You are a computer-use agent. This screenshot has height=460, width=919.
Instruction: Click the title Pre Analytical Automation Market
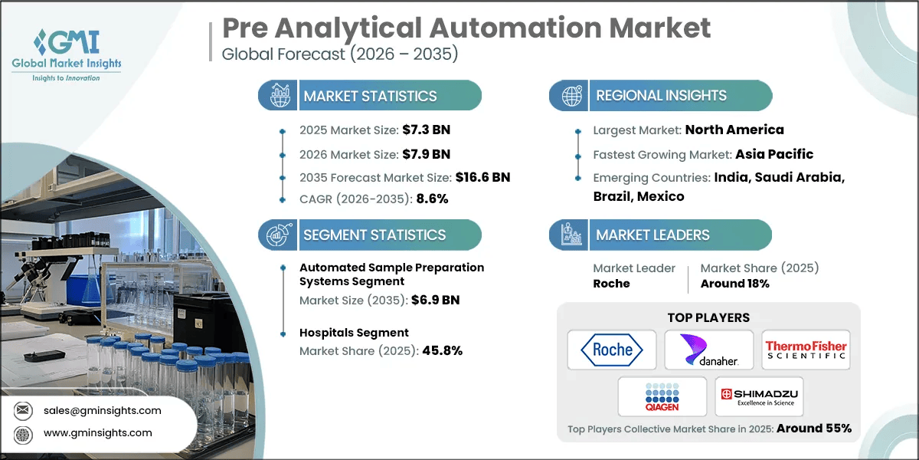point(466,28)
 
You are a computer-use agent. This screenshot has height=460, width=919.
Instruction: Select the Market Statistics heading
point(370,96)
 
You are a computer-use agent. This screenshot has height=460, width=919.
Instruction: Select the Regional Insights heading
point(661,96)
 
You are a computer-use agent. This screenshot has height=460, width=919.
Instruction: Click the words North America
point(734,130)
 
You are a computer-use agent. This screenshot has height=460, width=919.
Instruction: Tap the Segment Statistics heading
point(374,235)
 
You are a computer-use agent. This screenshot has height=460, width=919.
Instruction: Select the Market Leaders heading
point(652,235)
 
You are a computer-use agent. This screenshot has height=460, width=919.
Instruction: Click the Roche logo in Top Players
point(612,350)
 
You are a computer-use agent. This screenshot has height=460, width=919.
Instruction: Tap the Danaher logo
point(708,350)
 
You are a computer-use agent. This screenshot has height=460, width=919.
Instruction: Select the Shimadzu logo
point(758,396)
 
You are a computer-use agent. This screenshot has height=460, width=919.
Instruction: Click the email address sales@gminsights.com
point(102,410)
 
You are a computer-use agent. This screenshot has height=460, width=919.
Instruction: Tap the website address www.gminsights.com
point(98,433)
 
